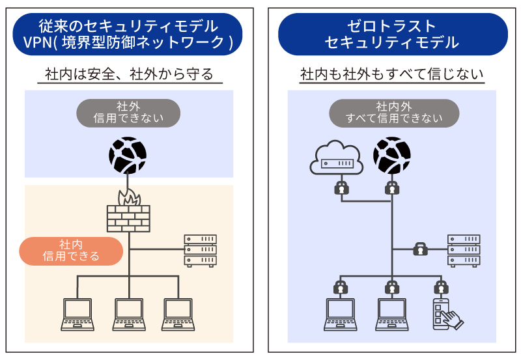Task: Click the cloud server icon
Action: tap(335, 158)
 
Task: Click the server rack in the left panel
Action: tap(200, 250)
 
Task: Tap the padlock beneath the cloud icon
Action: tap(339, 189)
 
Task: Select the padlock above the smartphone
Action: tap(442, 286)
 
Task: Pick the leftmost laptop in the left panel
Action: tap(77, 314)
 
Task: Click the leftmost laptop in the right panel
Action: tap(339, 314)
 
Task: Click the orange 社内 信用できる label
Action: tap(71, 251)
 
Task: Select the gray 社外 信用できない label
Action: tap(128, 113)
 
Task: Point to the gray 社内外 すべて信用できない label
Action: tap(394, 113)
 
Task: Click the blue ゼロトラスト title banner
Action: tap(392, 35)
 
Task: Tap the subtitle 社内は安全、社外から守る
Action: tap(129, 74)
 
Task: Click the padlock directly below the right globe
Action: tap(391, 189)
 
